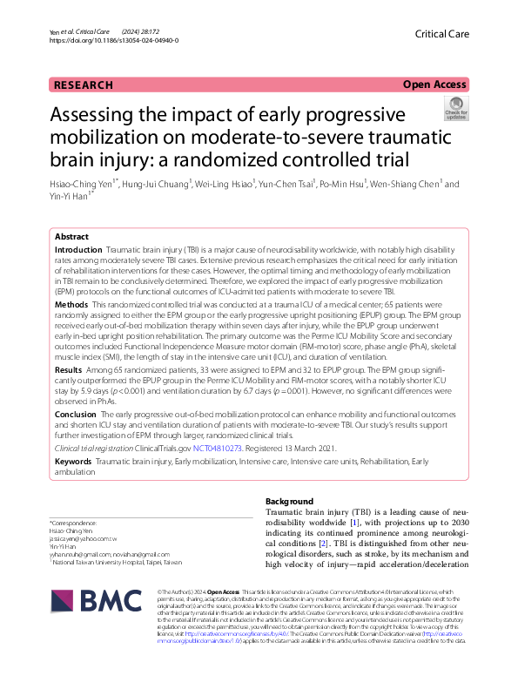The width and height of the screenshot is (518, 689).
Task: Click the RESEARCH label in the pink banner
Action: point(84,84)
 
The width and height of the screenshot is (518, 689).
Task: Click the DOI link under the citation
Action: point(115,40)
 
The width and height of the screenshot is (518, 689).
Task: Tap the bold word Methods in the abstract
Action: point(71,306)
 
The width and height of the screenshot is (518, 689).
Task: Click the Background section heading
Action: point(289,502)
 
